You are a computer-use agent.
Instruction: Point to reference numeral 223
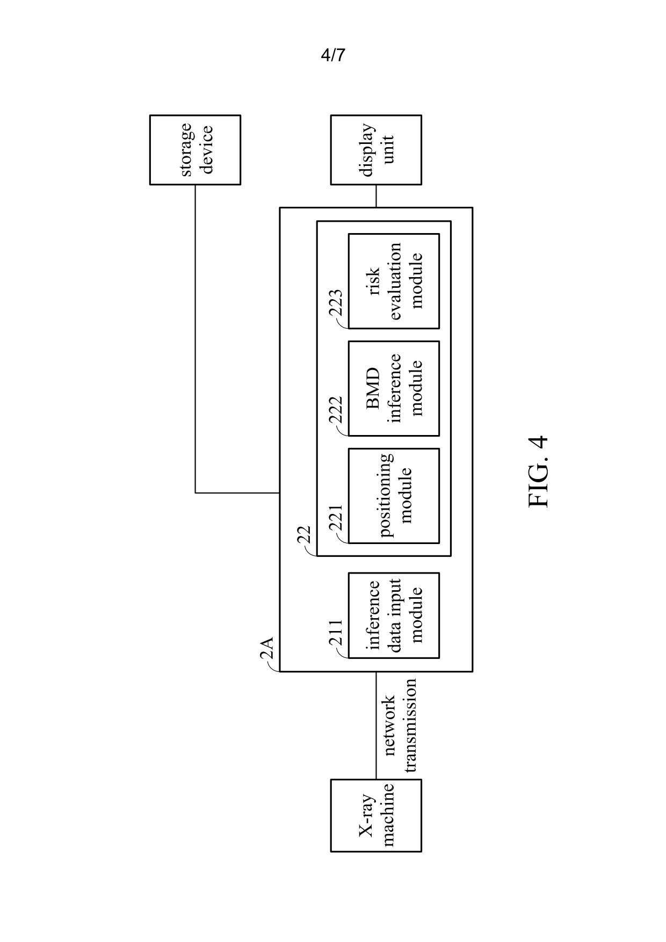(x=335, y=305)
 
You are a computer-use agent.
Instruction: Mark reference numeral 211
(x=335, y=634)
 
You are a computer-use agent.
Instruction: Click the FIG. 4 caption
(x=538, y=471)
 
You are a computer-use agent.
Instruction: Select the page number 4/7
(x=333, y=55)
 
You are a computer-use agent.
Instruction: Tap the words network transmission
(x=399, y=725)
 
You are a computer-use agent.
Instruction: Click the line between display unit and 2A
(x=376, y=196)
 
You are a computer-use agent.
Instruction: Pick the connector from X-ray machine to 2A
(x=376, y=726)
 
